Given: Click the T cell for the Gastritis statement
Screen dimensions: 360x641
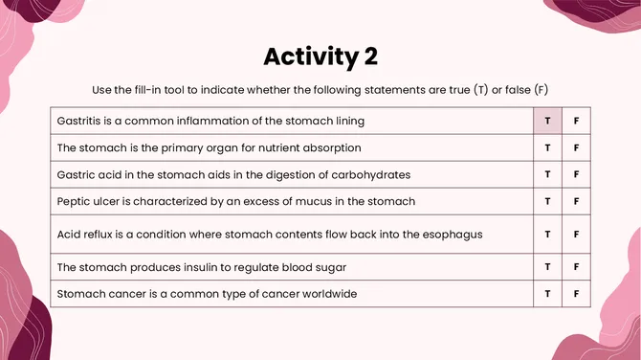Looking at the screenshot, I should pos(548,122).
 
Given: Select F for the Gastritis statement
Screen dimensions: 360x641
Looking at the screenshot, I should pos(577,122).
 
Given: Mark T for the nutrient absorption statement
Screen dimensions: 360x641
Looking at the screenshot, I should pos(548,148).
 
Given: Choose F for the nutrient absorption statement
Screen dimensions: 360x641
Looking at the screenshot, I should pos(577,148).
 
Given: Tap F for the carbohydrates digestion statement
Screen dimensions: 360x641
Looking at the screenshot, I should pos(577,175).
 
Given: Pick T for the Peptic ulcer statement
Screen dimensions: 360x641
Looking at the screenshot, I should pos(548,202).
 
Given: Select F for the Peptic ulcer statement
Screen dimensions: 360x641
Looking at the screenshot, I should pos(577,202).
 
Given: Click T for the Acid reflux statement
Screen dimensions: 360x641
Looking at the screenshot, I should pos(548,234).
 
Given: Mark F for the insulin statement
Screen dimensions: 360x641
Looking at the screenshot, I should pos(577,267).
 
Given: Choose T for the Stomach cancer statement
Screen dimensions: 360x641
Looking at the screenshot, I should pos(548,294).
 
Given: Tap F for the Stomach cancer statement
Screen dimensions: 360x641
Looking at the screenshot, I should pos(577,294).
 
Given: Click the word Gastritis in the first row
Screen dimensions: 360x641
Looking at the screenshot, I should pos(83,122).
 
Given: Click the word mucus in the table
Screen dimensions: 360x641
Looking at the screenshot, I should pos(320,202).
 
